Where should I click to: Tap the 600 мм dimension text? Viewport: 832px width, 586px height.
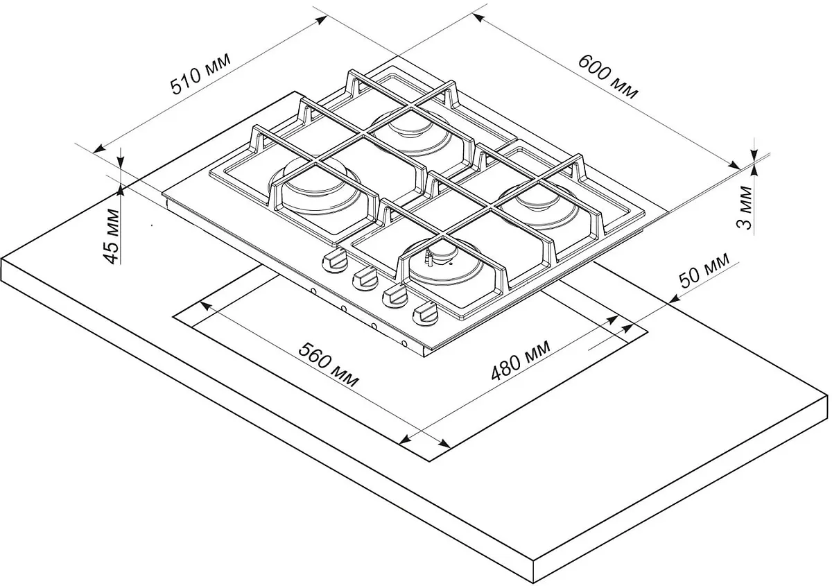click(x=608, y=77)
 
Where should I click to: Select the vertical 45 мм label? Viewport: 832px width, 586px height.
click(x=112, y=236)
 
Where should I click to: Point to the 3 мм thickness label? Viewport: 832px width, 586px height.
click(x=743, y=208)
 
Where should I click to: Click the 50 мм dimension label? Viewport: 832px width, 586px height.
click(x=704, y=270)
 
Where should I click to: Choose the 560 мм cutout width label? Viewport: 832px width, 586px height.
click(x=329, y=365)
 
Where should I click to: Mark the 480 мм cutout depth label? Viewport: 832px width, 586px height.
click(x=521, y=361)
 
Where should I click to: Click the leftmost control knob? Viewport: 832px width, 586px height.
click(x=334, y=261)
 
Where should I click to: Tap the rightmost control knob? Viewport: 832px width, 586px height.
click(x=425, y=313)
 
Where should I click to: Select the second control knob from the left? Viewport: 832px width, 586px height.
click(x=365, y=278)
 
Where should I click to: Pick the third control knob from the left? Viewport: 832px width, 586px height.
click(x=395, y=296)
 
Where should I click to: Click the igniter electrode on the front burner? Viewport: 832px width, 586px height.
click(x=428, y=258)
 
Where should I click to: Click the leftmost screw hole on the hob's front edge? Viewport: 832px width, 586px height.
click(x=313, y=291)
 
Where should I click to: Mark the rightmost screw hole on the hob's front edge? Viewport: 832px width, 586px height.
click(x=404, y=343)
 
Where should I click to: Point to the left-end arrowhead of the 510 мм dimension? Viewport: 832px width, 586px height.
click(x=98, y=149)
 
